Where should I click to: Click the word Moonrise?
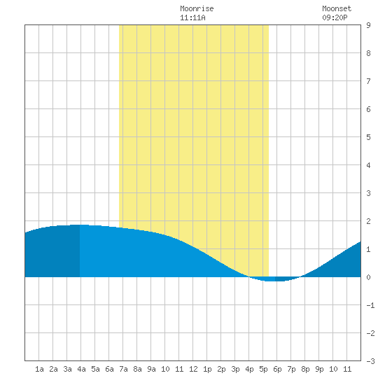197,8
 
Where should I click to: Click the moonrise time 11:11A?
192,17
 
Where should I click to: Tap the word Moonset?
337,8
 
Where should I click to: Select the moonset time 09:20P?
335,17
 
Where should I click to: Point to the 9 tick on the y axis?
368,25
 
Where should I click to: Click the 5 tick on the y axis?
368,137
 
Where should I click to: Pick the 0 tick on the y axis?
368,277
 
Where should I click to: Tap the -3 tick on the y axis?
371,361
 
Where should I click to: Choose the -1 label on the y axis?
371,305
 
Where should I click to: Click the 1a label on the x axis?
39,369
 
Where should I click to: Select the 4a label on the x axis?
81,369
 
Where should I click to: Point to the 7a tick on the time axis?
123,369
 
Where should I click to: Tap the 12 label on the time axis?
193,369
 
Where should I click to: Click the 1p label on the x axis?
207,369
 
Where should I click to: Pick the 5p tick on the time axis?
263,369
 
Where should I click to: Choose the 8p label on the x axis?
305,369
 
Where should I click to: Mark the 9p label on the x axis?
319,369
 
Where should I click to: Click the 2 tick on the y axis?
368,221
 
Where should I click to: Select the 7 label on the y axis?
368,81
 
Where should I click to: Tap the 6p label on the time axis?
277,369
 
